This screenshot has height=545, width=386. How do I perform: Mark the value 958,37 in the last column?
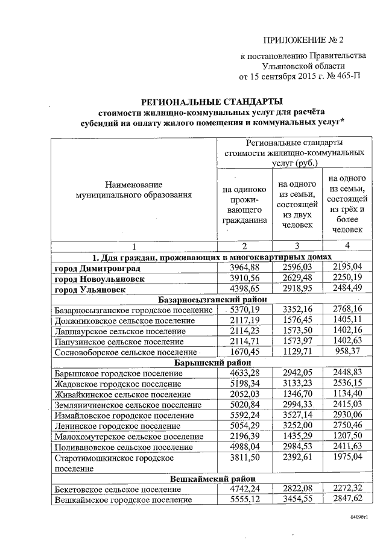(x=346, y=352)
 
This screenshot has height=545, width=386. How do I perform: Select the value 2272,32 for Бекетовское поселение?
(x=346, y=489)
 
